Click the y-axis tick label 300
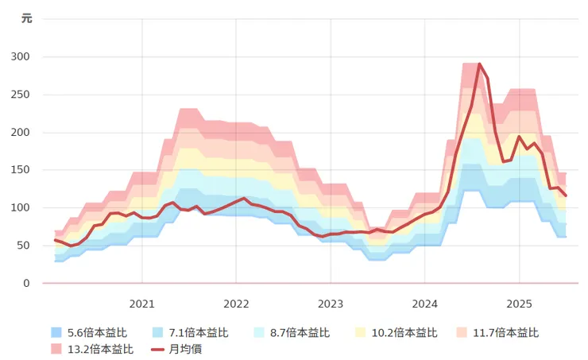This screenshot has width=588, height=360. pyautogui.click(x=21, y=57)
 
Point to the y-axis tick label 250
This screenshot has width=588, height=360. pyautogui.click(x=21, y=95)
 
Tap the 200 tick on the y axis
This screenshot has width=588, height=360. pyautogui.click(x=21, y=133)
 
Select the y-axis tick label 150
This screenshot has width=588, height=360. pyautogui.click(x=21, y=170)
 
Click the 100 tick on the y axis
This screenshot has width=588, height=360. pyautogui.click(x=21, y=208)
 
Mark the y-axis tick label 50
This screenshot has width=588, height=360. pyautogui.click(x=25, y=246)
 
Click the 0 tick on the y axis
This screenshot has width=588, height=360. pyautogui.click(x=27, y=284)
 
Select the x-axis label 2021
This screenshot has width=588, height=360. pyautogui.click(x=142, y=304)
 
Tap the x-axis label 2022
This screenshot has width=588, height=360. pyautogui.click(x=236, y=304)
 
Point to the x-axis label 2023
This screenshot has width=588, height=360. pyautogui.click(x=331, y=304)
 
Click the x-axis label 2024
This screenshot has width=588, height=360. pyautogui.click(x=424, y=304)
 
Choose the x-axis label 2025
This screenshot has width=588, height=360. pyautogui.click(x=519, y=304)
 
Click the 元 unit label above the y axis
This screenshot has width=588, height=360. pyautogui.click(x=26, y=19)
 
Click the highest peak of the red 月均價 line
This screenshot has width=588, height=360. pyautogui.click(x=479, y=64)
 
